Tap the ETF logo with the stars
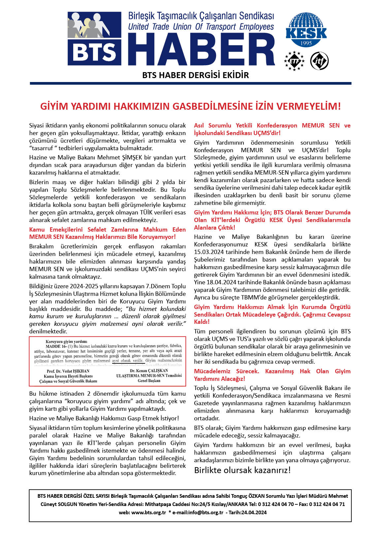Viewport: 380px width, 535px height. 294,61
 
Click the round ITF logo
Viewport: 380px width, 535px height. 319,61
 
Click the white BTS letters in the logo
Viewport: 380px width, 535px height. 94,53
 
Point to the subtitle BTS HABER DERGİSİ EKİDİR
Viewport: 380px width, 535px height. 195,75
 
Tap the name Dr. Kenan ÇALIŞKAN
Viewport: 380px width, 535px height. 149,371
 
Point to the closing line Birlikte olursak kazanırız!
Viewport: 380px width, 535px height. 242,470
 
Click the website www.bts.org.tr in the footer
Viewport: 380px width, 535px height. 148,513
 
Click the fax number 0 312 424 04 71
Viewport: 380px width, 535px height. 327,504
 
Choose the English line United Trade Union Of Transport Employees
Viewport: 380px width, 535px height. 201,27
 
